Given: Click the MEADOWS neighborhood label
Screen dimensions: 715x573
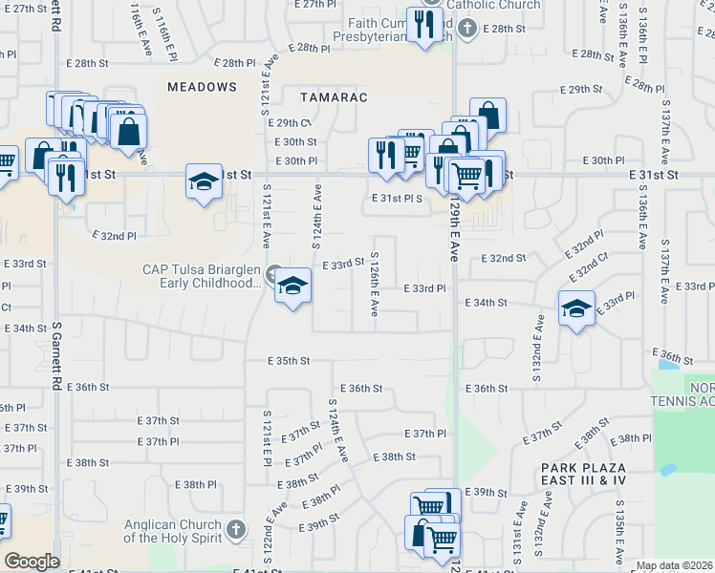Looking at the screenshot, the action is (202, 87).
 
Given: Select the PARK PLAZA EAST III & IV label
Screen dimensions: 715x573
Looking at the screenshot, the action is (583, 475).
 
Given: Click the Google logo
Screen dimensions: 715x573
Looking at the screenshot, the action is (32, 562).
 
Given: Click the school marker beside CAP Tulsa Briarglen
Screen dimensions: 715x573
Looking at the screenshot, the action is (292, 286).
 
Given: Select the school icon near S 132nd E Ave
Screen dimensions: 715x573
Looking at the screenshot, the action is (576, 309).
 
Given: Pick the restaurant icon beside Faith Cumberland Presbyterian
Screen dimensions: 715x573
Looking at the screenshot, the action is (422, 24).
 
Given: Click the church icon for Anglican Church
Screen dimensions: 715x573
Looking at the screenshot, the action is (236, 530).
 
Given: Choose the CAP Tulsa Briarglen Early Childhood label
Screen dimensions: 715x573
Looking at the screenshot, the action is (201, 276).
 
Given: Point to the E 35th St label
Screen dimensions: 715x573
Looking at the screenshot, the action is (290, 361).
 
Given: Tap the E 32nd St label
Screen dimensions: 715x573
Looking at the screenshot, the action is (504, 259).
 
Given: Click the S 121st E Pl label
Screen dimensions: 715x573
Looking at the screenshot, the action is (267, 441).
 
